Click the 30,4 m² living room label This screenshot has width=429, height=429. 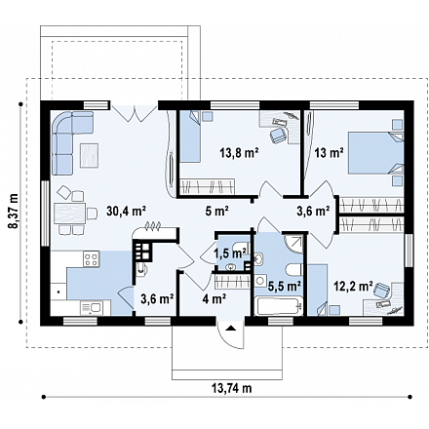[x=126, y=212]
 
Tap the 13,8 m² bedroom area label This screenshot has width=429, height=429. [x=239, y=152]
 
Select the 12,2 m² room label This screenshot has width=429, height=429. [x=353, y=286]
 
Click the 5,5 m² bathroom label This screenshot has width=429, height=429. [x=284, y=286]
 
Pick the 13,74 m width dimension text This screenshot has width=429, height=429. [x=232, y=388]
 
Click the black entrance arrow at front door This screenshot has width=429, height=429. [x=230, y=328]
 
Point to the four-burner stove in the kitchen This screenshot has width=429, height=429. [x=92, y=259]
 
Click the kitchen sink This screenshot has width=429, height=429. [x=92, y=308]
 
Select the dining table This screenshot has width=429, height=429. [x=69, y=213]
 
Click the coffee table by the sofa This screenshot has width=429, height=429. [x=89, y=155]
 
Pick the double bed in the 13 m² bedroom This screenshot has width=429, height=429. [x=375, y=153]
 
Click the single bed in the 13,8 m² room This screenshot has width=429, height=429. [x=190, y=136]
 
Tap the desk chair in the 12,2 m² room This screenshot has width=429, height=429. [x=381, y=290]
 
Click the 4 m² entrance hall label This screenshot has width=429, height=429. [x=214, y=298]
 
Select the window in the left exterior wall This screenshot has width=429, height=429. [x=45, y=214]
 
